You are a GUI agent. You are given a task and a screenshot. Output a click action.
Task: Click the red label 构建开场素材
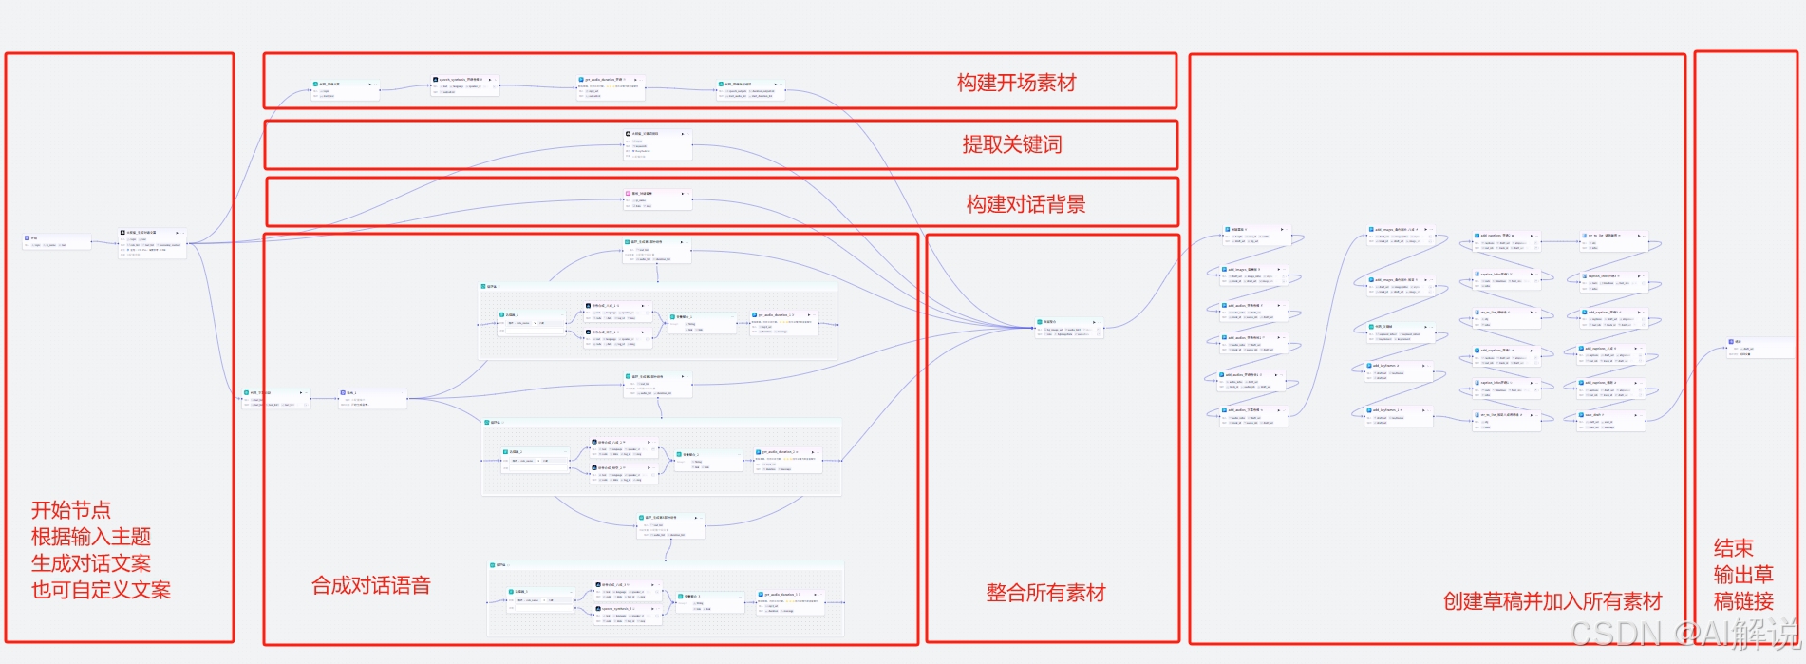click(x=1016, y=84)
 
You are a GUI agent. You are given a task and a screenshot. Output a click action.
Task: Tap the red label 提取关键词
click(x=1011, y=144)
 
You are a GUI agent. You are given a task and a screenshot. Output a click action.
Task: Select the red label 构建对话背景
click(x=1025, y=204)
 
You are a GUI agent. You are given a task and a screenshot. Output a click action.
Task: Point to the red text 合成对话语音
click(x=371, y=585)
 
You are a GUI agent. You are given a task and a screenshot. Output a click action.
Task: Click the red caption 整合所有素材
click(x=1045, y=593)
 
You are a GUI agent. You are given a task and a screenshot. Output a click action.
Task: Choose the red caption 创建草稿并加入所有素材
click(x=1552, y=601)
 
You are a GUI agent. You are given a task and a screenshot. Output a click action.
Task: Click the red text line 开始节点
click(x=70, y=510)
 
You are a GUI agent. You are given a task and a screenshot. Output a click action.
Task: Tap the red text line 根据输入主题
click(x=90, y=537)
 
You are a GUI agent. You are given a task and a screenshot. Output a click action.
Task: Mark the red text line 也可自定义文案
click(x=101, y=590)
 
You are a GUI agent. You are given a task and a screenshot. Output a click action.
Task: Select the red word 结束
click(x=1733, y=548)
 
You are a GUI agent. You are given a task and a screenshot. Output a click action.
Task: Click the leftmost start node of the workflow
click(x=56, y=241)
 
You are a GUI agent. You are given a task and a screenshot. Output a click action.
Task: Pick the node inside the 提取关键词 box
click(x=657, y=144)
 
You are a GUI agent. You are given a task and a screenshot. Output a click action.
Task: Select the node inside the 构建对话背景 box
click(x=657, y=199)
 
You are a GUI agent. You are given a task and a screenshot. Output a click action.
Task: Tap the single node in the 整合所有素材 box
click(x=1069, y=328)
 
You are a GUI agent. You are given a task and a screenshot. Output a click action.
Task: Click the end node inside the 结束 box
click(x=1759, y=348)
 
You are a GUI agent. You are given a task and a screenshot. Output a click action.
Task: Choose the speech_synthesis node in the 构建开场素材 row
click(x=464, y=85)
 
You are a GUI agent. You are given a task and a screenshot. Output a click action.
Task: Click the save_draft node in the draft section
click(x=1605, y=421)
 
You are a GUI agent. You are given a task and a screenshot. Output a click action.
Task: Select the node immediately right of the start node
click(x=152, y=243)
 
